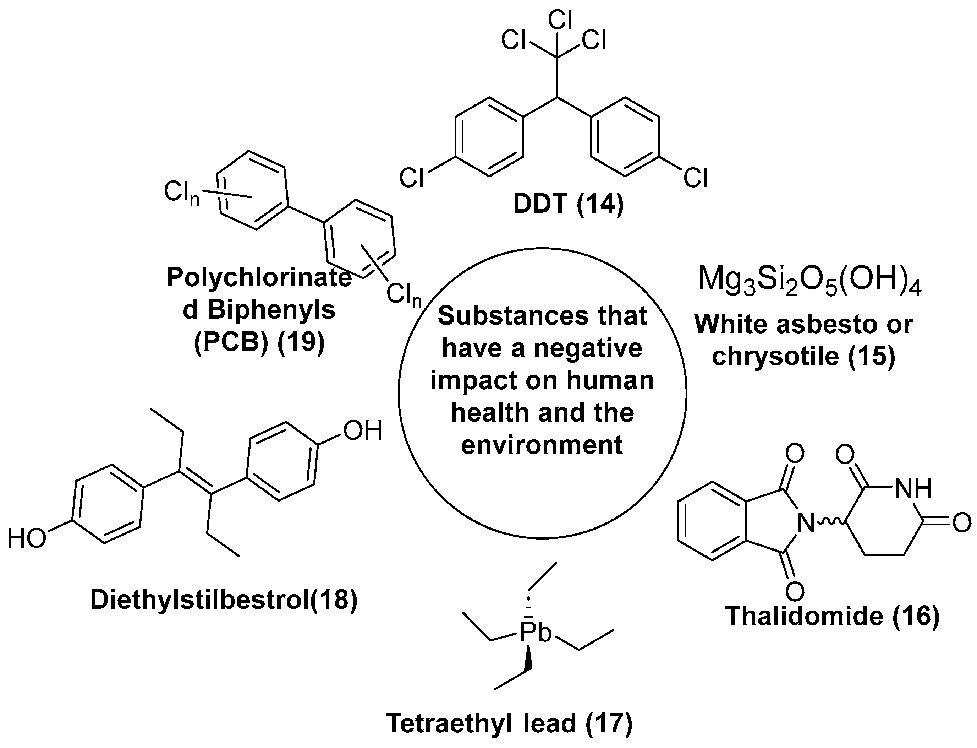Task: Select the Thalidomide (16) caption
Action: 832,616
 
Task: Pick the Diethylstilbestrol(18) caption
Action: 224,600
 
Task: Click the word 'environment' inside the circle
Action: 542,445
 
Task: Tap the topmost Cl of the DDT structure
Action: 560,20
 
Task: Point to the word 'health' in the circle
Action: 489,413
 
